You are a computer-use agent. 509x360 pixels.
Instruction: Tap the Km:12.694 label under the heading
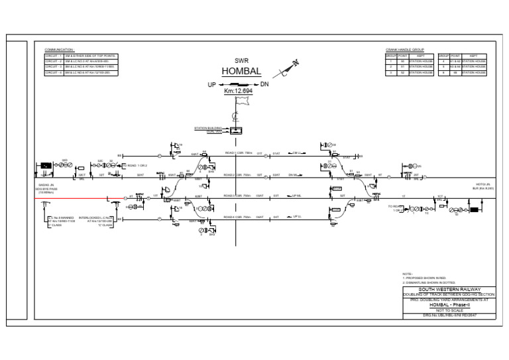(x=237, y=90)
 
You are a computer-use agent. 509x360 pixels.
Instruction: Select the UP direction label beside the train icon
(x=212, y=85)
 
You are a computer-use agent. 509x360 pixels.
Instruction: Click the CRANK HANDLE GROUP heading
(x=404, y=50)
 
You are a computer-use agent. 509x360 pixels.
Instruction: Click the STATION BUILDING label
(x=207, y=127)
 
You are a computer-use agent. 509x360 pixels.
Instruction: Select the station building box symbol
(x=235, y=131)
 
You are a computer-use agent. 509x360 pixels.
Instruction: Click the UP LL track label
(x=296, y=217)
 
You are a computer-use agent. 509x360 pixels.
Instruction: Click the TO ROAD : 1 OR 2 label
(x=135, y=164)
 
